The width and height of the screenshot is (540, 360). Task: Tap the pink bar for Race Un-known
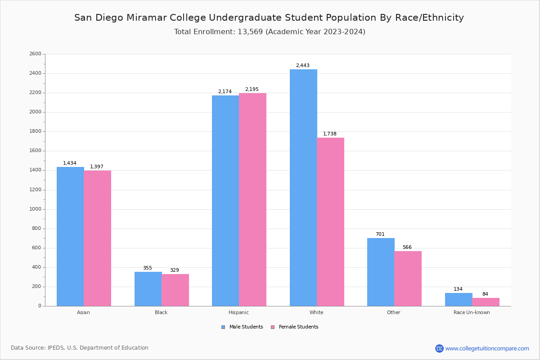click(x=486, y=302)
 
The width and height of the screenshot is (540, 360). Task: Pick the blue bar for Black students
click(x=148, y=289)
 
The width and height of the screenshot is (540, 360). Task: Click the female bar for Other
click(x=408, y=279)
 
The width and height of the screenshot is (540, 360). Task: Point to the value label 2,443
click(x=302, y=66)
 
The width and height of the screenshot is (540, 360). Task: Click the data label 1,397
click(x=97, y=167)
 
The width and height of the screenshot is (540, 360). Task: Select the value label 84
click(x=485, y=294)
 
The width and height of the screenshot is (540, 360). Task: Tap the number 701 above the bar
click(x=380, y=234)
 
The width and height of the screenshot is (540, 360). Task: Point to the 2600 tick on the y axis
click(x=35, y=54)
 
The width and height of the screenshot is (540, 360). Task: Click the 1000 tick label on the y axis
click(x=35, y=209)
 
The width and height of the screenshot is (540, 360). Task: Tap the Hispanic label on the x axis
click(x=238, y=313)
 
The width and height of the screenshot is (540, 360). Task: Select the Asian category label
click(x=83, y=313)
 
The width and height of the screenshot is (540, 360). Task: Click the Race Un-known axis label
click(x=472, y=313)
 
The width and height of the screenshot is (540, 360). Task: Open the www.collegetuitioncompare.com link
click(x=487, y=348)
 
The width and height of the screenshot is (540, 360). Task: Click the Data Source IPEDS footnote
click(x=80, y=348)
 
